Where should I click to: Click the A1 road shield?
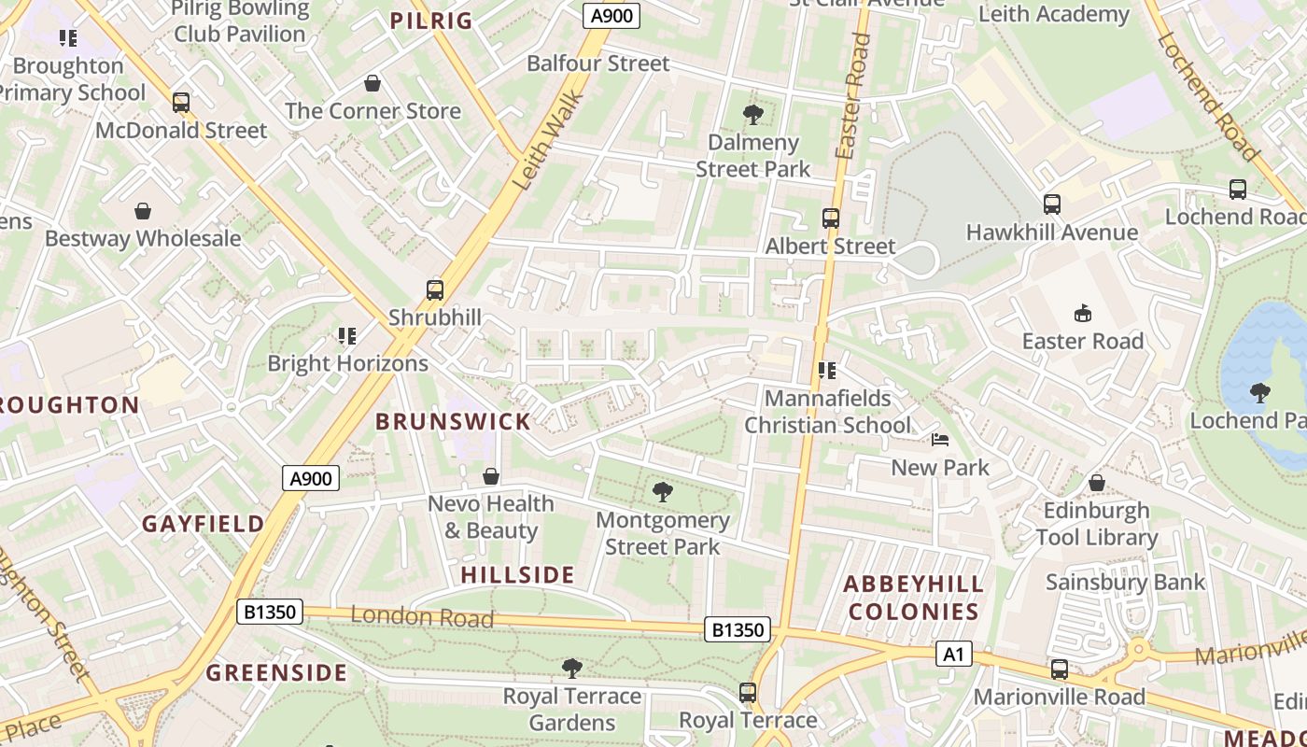[953, 654]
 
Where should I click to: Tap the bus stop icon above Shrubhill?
[435, 289]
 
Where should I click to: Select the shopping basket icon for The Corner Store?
[372, 84]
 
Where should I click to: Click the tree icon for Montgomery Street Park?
[663, 491]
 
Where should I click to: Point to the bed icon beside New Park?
[940, 440]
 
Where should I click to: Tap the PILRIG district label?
[431, 21]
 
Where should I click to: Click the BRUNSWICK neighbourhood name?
[454, 421]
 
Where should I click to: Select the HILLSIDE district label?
[518, 573]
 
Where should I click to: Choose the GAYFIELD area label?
[204, 524]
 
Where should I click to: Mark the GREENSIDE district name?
[276, 673]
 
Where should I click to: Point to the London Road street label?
[421, 616]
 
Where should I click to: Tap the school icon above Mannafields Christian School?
[826, 371]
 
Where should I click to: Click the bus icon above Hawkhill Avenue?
[1052, 204]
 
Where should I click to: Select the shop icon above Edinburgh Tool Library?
[1097, 483]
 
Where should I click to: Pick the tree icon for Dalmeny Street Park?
[752, 115]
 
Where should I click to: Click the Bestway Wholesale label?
[143, 238]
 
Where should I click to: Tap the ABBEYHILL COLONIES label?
[913, 598]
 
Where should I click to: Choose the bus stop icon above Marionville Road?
[1059, 669]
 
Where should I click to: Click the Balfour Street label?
[598, 63]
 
